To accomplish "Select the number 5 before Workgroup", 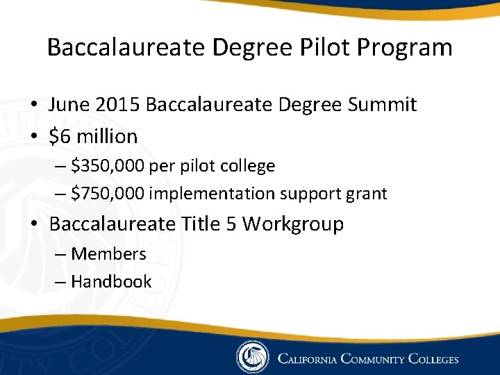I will point(232,224).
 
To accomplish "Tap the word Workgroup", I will point(293,224).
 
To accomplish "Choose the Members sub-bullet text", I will point(108,254).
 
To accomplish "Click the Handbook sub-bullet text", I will point(111,281).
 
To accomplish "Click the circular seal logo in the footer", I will point(252,358).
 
